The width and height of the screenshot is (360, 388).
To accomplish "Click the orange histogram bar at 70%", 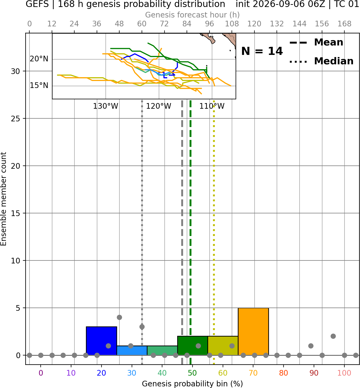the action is [x=253, y=331].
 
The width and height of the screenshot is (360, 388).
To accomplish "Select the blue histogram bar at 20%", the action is [x=102, y=341].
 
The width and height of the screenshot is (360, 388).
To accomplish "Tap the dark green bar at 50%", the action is [x=193, y=345].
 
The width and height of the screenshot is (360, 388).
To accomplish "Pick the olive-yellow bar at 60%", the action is [x=223, y=345].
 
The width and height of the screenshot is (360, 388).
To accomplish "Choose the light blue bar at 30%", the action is [x=132, y=351].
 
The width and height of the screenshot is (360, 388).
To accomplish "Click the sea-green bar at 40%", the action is [x=162, y=351].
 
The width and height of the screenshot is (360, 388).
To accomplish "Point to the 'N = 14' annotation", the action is [x=262, y=51].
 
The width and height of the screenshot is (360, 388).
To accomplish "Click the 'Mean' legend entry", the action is [x=328, y=42].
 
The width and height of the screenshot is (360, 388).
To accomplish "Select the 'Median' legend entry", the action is [x=334, y=61].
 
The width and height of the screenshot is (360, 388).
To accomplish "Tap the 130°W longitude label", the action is [x=106, y=106].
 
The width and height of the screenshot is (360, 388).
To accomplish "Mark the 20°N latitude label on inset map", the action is [x=39, y=59].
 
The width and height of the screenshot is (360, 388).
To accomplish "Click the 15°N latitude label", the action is [x=39, y=85].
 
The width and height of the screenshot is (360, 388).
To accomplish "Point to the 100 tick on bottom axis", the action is [x=344, y=373].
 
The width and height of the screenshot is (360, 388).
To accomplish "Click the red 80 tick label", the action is [x=284, y=373].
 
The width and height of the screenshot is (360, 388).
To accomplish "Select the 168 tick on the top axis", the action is [x=344, y=24].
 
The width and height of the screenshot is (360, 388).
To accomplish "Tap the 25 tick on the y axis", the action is [x=16, y=119].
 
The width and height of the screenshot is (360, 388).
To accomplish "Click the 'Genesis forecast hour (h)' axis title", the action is [x=193, y=15].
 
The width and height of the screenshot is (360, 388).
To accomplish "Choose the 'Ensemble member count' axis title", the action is [x=4, y=199].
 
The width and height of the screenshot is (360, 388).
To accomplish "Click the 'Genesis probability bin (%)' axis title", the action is [x=193, y=384].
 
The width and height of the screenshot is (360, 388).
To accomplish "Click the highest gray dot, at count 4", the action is [x=120, y=317].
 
